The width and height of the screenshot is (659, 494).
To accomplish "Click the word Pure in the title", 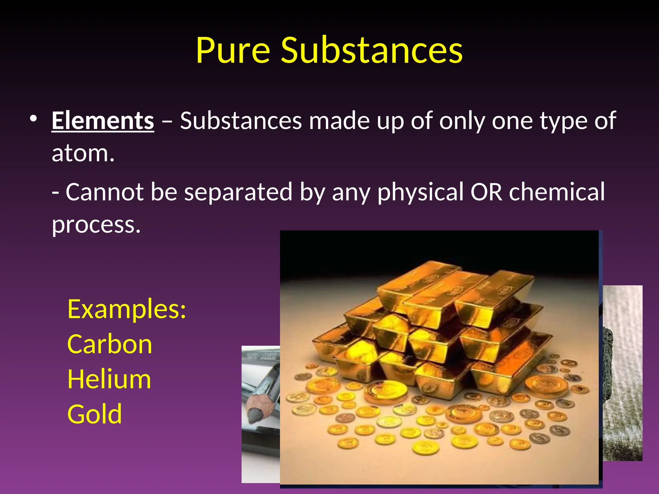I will pos(233,50).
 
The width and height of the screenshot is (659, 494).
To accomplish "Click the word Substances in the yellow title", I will pos(372,50).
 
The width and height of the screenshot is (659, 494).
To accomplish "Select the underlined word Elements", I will pos(103,121).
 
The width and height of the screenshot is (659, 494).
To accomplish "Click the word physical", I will pos(420,192).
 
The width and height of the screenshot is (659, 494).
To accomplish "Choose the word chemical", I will pos(557,192).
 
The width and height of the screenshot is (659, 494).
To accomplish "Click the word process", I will pos(96,225).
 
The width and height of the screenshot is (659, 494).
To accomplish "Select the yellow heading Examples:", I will pos(127,309).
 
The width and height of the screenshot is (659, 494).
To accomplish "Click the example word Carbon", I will pos(110,344).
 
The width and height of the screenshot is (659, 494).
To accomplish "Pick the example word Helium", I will pos(109,380).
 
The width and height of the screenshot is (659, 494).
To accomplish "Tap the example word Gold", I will pos(95,415).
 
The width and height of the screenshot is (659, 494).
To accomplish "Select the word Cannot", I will pos(105,192).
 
